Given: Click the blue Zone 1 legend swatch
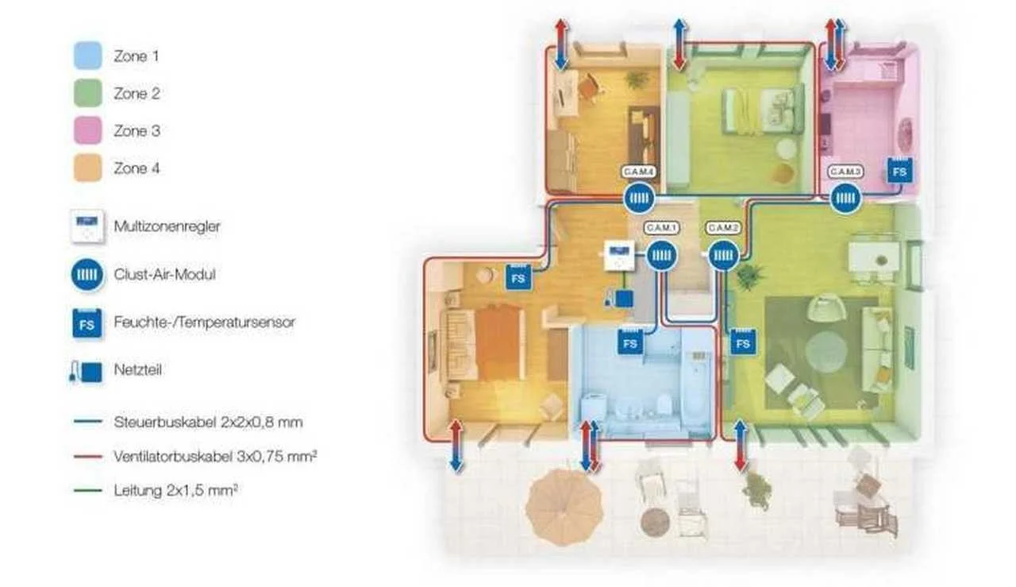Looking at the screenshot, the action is coord(87,56).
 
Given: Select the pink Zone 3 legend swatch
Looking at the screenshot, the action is coord(87,130).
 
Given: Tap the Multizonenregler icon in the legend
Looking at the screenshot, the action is coord(87,226).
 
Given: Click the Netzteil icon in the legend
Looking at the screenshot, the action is coord(87,371).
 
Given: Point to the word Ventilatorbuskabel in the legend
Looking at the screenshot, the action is coord(173,456).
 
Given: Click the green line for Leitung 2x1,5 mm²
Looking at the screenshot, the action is coord(87,490).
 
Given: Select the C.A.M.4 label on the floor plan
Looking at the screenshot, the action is coord(639,172).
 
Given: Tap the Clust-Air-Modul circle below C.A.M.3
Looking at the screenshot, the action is coord(845,199).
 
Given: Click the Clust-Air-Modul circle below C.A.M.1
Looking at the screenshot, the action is coord(662,256).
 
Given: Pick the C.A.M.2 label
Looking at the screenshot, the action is coord(723,227).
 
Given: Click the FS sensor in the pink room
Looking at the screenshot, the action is coord(899,171).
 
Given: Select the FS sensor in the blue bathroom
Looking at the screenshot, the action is coord(630,342).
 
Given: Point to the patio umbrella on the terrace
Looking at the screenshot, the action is coord(564,507).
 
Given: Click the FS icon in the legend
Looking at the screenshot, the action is coord(87,323).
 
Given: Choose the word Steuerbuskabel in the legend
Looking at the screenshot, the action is coord(166,423).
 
